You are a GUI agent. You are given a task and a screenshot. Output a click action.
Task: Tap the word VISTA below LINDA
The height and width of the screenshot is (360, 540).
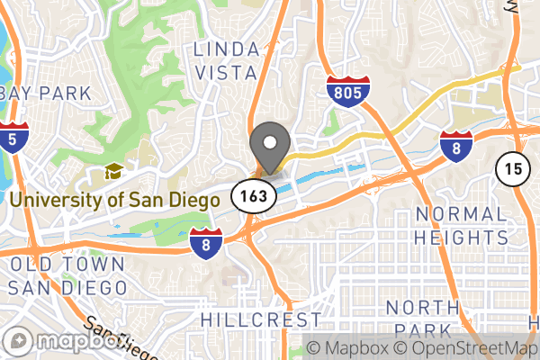click(225, 72)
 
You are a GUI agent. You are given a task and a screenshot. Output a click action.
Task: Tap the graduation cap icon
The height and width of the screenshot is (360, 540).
click(113, 172)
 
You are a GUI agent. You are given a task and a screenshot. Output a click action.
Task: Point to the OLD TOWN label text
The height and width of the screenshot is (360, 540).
click(67, 265)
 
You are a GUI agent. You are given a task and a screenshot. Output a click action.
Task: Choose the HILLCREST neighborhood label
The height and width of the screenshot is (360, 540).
click(260, 320)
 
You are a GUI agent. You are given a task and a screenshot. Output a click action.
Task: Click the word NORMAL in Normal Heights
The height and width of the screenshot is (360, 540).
click(461, 214)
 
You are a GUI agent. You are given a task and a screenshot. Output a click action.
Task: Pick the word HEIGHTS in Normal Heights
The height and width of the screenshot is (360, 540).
click(461, 238)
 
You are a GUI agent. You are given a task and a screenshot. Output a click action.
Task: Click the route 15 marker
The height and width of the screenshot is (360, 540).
click(511, 167)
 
